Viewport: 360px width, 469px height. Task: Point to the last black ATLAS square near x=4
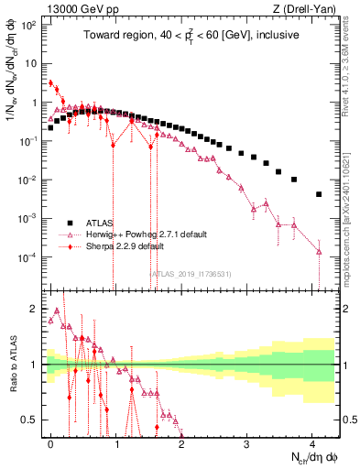point(319,194)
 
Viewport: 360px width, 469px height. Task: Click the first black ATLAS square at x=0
point(50,128)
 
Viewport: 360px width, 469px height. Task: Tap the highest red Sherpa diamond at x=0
point(50,82)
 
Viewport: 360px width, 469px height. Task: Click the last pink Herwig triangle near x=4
point(319,251)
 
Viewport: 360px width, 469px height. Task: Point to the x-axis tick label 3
point(246,442)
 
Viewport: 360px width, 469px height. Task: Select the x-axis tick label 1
point(116,442)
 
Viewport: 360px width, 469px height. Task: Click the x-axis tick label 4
point(312,442)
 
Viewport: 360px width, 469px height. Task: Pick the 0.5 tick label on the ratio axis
point(32,420)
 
